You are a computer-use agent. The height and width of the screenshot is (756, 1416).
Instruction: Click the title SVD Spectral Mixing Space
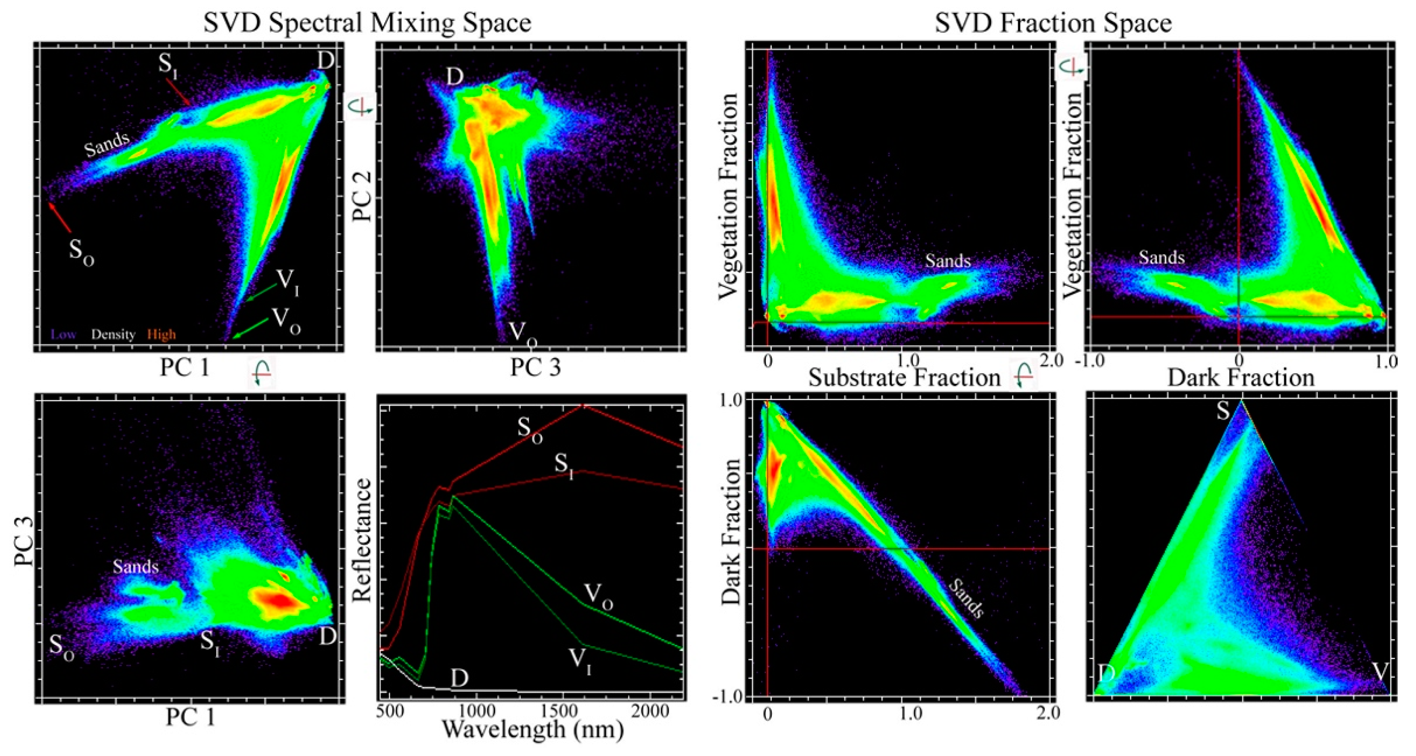tap(367, 23)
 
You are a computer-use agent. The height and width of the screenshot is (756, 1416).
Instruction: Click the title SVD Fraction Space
tap(1053, 23)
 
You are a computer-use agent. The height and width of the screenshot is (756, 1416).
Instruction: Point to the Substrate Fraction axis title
tap(904, 378)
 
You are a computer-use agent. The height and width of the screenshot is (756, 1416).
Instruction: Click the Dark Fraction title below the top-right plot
tap(1241, 378)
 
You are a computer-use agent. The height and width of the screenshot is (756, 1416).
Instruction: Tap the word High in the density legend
tap(161, 334)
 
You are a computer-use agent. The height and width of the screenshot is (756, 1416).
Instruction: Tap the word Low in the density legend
tap(63, 334)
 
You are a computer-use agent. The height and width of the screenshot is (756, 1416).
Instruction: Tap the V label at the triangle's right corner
tap(1380, 672)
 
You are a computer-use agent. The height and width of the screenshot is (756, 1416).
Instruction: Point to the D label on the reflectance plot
tap(460, 678)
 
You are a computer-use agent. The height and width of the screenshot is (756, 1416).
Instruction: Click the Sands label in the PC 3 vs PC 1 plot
tap(136, 567)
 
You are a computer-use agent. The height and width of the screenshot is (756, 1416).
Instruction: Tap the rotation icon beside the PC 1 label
tap(262, 374)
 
